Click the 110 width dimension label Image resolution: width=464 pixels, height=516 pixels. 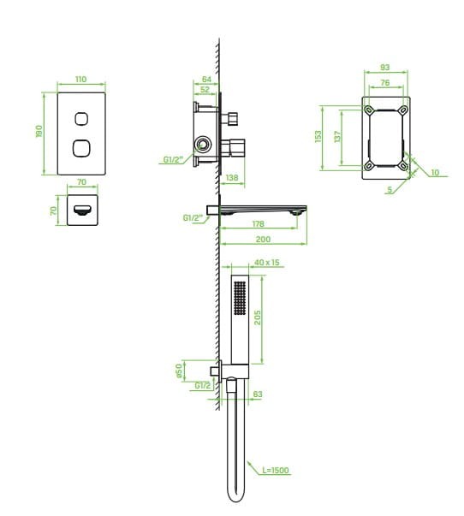coord(81,80)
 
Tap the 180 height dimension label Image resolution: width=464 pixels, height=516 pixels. coord(39,131)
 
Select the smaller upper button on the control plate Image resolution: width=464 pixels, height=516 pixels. coord(81,119)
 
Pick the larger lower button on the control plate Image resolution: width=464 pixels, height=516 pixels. coord(81,148)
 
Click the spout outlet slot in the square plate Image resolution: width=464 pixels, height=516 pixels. coord(82,210)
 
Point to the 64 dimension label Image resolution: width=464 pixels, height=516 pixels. coord(206,80)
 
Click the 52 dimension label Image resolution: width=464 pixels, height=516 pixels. coord(205,90)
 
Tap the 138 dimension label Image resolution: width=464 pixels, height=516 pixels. coord(232,178)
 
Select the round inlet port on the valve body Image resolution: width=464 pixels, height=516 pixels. coord(203,145)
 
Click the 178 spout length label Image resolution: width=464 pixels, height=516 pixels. coord(259,224)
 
